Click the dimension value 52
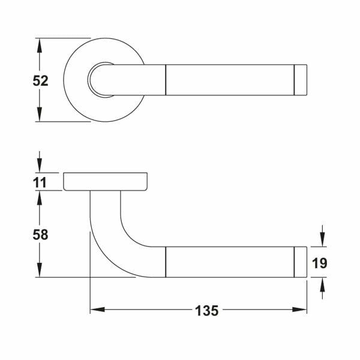click(40, 81)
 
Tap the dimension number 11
click(40, 183)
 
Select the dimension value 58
click(40, 235)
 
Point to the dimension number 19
click(319, 263)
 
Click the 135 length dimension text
click(206, 311)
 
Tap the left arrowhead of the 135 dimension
click(98, 310)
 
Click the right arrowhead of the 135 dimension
click(299, 310)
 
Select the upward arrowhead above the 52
click(40, 46)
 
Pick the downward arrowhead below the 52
click(40, 114)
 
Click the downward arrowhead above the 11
click(40, 165)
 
